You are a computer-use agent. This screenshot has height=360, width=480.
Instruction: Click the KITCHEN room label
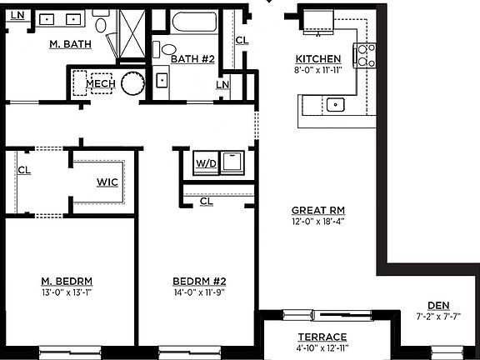click(317, 59)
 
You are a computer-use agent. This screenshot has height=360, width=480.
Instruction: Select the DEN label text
click(437, 305)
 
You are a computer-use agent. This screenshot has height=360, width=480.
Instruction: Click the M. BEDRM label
click(67, 280)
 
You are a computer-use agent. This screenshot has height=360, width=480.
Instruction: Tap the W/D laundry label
click(206, 163)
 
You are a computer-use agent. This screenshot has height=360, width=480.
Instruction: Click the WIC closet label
click(107, 182)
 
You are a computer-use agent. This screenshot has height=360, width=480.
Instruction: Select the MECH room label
click(100, 83)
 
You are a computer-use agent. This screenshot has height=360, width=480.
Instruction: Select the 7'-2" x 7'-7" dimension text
click(437, 317)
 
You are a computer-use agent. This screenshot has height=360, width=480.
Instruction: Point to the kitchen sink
click(336, 104)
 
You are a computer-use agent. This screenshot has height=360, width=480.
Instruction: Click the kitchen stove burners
click(363, 56)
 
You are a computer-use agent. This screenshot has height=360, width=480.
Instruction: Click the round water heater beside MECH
click(132, 83)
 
